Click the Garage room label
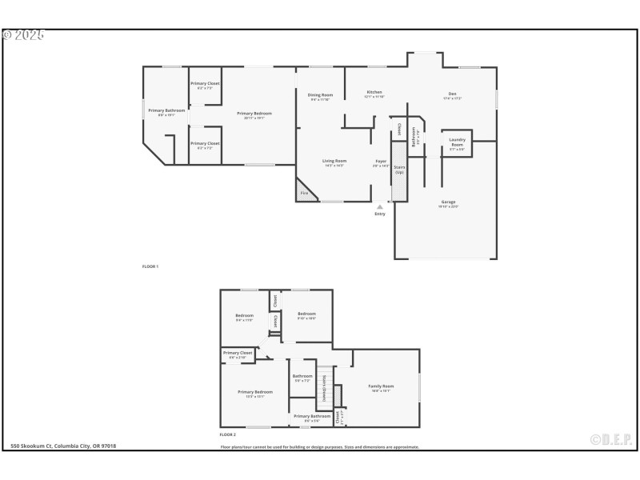(448, 203)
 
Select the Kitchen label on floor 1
(374, 94)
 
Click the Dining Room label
(320, 96)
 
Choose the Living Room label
(334, 162)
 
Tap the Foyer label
(381, 162)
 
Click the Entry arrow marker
(379, 207)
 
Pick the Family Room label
(381, 387)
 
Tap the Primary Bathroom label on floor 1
(166, 112)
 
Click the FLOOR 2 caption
(229, 434)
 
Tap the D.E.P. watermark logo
(610, 439)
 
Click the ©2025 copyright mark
(23, 35)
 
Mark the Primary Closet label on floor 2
(237, 354)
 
